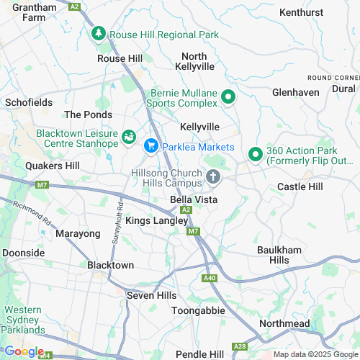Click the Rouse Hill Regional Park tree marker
[x=98, y=33]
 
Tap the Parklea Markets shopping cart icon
[x=151, y=146]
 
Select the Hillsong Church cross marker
[x=213, y=176]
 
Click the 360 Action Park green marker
[x=255, y=155]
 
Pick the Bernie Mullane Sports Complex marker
[x=228, y=96]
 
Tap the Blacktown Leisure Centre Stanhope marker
[x=129, y=135]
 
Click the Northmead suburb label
[x=284, y=324]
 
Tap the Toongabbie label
[x=198, y=310]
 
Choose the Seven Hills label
[x=146, y=295]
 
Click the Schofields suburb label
[x=29, y=103]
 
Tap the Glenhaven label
[x=295, y=92]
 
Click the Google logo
[x=24, y=351]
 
